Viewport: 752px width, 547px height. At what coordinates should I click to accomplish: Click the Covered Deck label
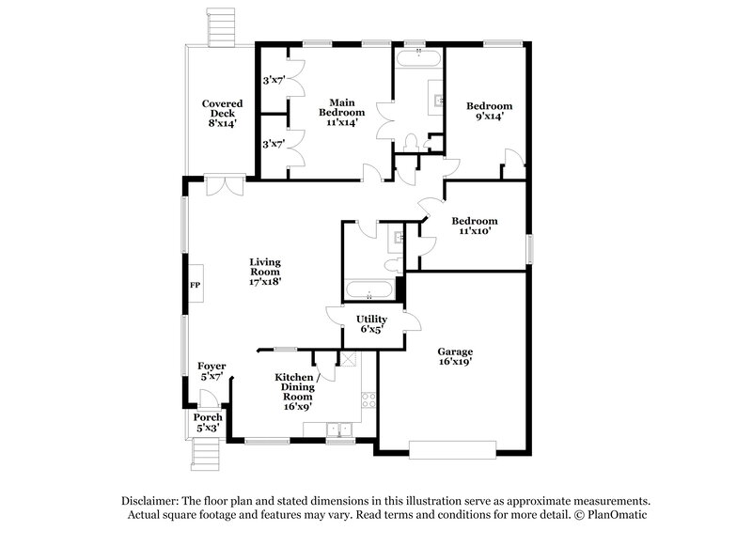coord(222,103)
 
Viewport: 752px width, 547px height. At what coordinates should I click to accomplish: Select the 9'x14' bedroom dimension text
coord(490,117)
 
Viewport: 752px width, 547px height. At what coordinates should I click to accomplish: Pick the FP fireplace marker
coord(196,284)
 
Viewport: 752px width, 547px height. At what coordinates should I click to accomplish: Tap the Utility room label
coord(371,320)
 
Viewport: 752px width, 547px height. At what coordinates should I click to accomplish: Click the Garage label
coord(455,352)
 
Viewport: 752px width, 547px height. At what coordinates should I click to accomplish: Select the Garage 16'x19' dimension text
coord(455,363)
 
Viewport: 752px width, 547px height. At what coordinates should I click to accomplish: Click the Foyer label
coord(211,366)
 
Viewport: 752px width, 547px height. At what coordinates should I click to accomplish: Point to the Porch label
coord(208,417)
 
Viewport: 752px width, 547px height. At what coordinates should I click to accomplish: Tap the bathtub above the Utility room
coord(370,288)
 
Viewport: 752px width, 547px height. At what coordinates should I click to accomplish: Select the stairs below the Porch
coord(205,455)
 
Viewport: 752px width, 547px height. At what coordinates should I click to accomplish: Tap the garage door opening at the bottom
coord(448,448)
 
